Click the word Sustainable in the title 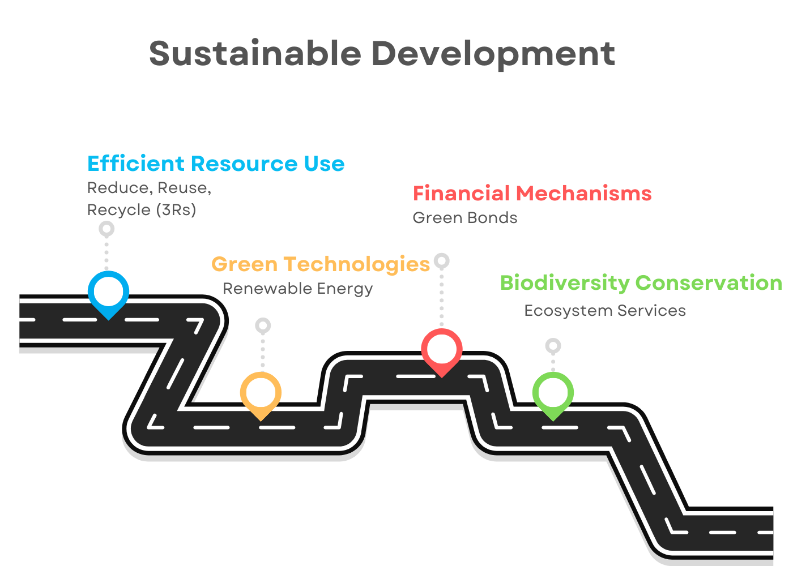pos(255,53)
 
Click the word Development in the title pos(493,55)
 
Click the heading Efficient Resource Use pos(216,164)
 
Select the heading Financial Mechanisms pos(532,193)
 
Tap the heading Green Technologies pos(321,265)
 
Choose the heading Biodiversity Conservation pos(641,282)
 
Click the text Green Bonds pos(465,217)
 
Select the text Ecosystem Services pos(605,311)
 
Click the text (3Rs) pos(176,210)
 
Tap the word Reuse pos(184,188)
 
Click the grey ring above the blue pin pos(106,229)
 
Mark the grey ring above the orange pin pos(263,325)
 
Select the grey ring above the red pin pos(442,261)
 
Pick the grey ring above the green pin pos(553,346)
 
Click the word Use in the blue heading pos(324,164)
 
